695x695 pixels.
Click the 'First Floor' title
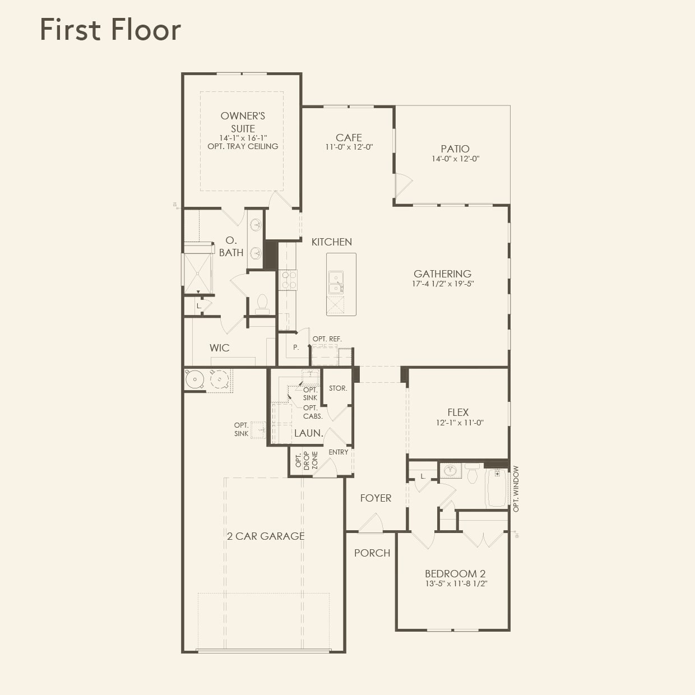(110, 30)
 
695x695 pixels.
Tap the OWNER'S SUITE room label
(243, 122)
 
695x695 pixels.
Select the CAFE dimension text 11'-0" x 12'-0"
(349, 147)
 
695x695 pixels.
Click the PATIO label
(455, 149)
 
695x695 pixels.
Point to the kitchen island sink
(336, 282)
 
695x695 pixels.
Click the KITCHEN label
(331, 242)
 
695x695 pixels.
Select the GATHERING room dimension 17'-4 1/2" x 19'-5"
(442, 284)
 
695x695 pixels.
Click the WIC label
(219, 347)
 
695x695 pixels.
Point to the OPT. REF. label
(327, 339)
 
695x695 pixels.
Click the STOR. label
(337, 388)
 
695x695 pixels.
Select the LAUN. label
(308, 433)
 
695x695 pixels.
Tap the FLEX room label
(458, 412)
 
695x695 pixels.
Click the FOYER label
(376, 498)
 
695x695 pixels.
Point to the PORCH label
(372, 553)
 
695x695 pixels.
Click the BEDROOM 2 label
(455, 573)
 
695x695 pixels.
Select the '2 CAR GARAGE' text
(266, 536)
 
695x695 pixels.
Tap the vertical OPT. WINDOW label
(516, 489)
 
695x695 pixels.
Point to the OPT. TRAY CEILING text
(243, 146)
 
